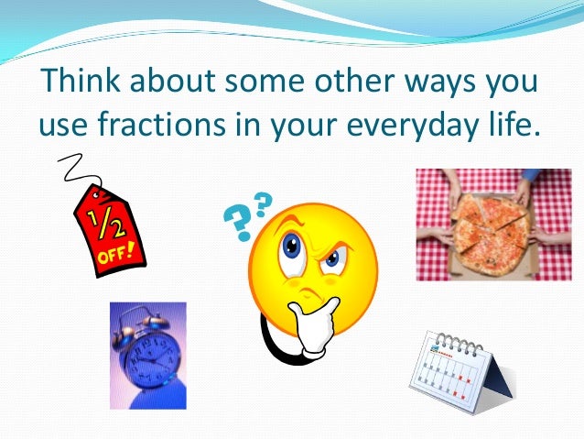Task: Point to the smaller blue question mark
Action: (x=263, y=201)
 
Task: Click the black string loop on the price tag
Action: (x=72, y=170)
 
